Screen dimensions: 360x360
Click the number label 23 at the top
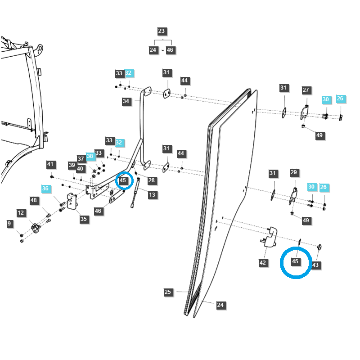(x=162, y=31)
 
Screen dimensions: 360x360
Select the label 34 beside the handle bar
(x=126, y=101)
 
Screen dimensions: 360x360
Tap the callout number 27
(x=306, y=90)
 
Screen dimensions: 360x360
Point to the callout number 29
(x=294, y=172)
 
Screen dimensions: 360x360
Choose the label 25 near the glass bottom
(x=168, y=292)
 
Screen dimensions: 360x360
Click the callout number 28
(x=152, y=180)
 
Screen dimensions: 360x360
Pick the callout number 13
(x=153, y=195)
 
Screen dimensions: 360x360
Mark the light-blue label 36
(x=45, y=189)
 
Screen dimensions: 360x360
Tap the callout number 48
(x=34, y=200)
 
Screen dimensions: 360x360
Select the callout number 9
(x=9, y=223)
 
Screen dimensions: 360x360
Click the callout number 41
(x=50, y=164)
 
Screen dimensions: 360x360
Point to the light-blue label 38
(x=90, y=156)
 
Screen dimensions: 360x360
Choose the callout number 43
(x=315, y=265)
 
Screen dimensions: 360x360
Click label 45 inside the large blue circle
(x=295, y=261)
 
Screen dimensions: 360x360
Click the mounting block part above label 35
(x=72, y=201)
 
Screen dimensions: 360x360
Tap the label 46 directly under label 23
(x=170, y=50)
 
